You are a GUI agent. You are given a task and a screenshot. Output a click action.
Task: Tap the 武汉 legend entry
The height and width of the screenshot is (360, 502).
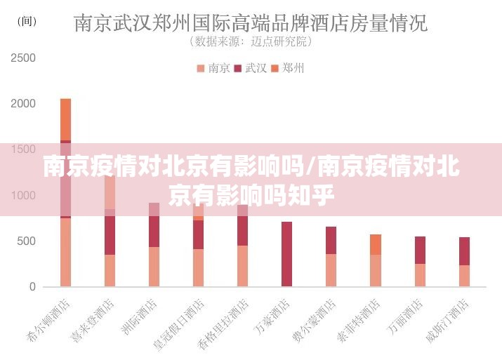pyautogui.click(x=251, y=68)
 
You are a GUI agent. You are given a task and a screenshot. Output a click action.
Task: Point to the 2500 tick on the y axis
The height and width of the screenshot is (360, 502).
pyautogui.click(x=23, y=58)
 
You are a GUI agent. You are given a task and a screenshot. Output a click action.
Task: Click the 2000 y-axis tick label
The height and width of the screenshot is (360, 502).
pyautogui.click(x=23, y=103)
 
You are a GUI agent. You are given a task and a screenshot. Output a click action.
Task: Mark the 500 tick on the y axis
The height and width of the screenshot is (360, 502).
pyautogui.click(x=26, y=241)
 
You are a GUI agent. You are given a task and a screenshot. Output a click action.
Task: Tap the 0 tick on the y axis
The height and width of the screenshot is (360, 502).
pyautogui.click(x=32, y=286)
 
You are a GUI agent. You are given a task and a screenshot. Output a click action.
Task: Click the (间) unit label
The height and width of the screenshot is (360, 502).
pyautogui.click(x=26, y=22)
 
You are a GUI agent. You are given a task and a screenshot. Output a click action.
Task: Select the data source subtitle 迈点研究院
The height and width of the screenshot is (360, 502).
pyautogui.click(x=251, y=42)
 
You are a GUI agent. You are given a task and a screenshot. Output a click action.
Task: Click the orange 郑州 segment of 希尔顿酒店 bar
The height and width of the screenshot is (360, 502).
pyautogui.click(x=65, y=119)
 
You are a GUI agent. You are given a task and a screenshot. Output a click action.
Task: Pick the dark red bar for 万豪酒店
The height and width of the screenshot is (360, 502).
pyautogui.click(x=286, y=253)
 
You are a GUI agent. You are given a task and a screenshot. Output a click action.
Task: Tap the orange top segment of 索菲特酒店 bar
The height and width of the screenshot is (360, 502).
pyautogui.click(x=376, y=244)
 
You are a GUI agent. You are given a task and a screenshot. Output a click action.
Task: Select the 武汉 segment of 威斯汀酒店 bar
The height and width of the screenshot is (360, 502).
pyautogui.click(x=464, y=251)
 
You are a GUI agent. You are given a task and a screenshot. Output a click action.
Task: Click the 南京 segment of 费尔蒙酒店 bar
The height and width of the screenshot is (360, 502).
pyautogui.click(x=331, y=269)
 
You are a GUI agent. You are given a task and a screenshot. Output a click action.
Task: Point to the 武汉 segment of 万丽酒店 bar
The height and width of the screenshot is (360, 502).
pyautogui.click(x=420, y=250)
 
